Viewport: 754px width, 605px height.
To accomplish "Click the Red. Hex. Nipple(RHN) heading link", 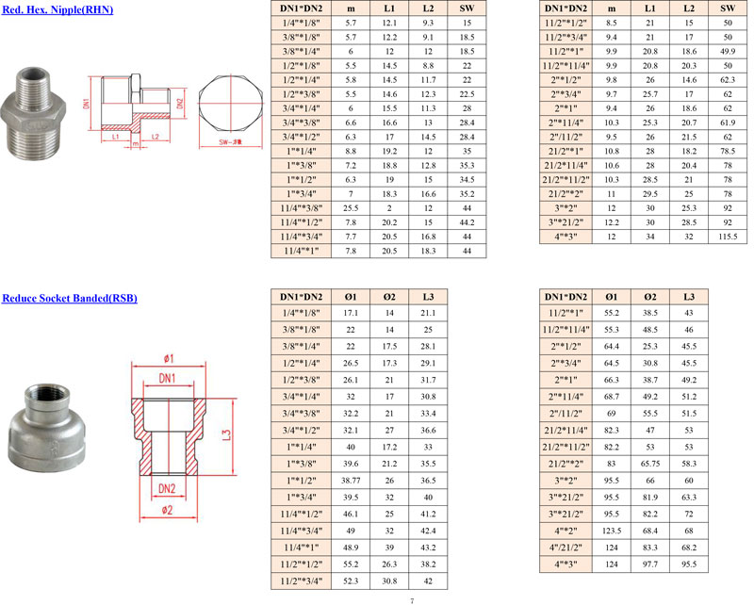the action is point(57,9).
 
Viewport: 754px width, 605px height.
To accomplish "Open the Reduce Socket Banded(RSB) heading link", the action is point(70,298).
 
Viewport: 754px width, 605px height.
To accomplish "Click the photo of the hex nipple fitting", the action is point(33,112).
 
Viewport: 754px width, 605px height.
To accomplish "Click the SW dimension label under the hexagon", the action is point(230,142).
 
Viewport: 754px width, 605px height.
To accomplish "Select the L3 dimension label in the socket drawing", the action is point(227,434).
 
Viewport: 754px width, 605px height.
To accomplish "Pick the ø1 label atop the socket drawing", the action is point(169,358).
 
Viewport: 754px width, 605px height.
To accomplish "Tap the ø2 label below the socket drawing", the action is point(168,510).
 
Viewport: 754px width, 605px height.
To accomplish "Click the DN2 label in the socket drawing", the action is point(167,488).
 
